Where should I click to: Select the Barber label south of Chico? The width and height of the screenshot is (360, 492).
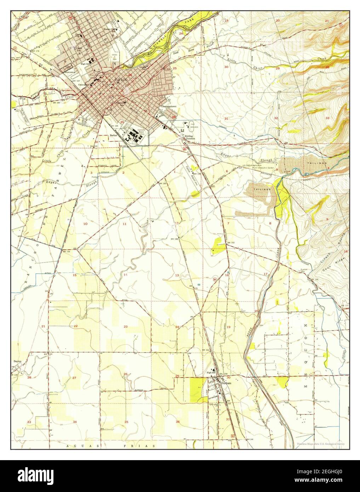click(x=114, y=135)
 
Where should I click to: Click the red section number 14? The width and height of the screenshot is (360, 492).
click(x=125, y=275)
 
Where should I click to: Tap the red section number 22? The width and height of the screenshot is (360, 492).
click(x=76, y=326)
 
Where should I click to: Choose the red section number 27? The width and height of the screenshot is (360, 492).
click(x=74, y=378)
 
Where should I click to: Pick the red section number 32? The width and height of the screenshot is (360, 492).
click(x=276, y=118)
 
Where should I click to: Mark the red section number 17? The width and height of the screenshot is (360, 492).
click(x=265, y=274)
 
